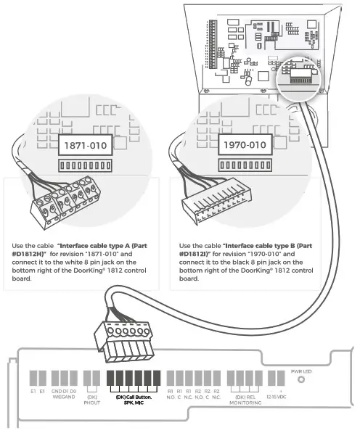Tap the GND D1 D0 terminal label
pyautogui.click(x=64, y=392)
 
